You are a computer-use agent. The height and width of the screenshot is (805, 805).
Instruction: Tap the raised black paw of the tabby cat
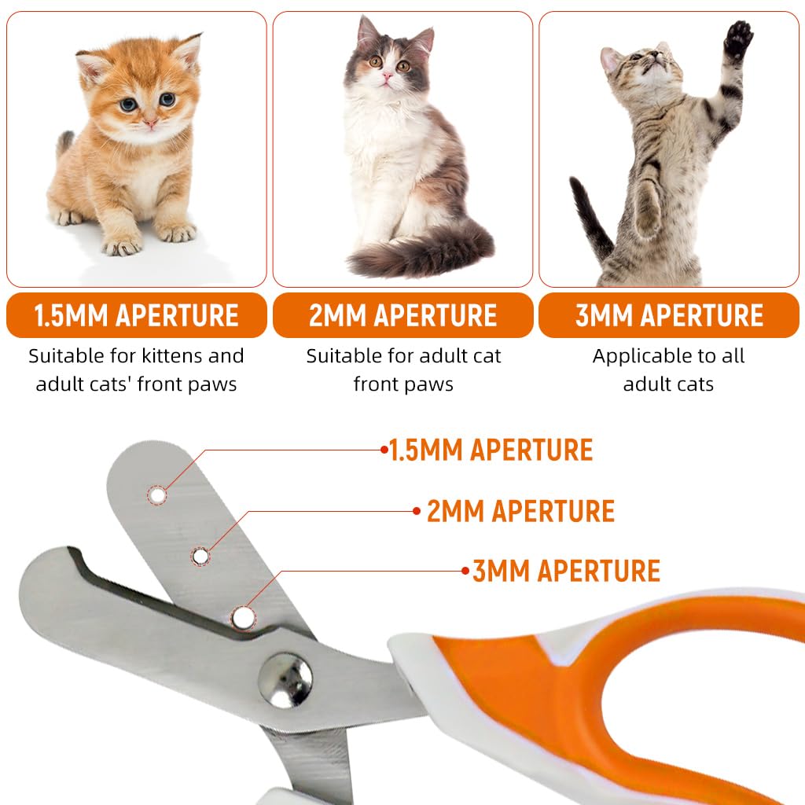coord(737,39)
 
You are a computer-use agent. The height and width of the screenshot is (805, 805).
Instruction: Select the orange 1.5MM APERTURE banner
coord(136,315)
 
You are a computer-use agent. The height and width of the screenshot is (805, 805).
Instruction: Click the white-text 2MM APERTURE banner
coord(402,315)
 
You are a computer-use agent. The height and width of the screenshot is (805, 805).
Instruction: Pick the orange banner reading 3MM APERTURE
coord(669,315)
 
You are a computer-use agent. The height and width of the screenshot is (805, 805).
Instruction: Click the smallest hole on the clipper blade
coord(157,495)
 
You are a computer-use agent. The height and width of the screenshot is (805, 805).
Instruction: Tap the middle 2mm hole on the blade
coord(200,557)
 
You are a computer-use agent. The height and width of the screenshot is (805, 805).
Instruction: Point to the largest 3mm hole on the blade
coord(243,617)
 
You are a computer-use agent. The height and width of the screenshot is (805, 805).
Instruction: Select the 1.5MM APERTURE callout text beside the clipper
coord(491,450)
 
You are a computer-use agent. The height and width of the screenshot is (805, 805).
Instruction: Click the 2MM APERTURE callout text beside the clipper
coord(520,511)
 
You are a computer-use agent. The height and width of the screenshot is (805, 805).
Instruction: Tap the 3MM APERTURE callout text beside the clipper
coord(566,571)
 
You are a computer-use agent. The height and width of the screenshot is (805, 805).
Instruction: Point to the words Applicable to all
coord(669,356)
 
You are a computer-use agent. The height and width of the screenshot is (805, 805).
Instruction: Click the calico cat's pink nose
coord(386,76)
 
